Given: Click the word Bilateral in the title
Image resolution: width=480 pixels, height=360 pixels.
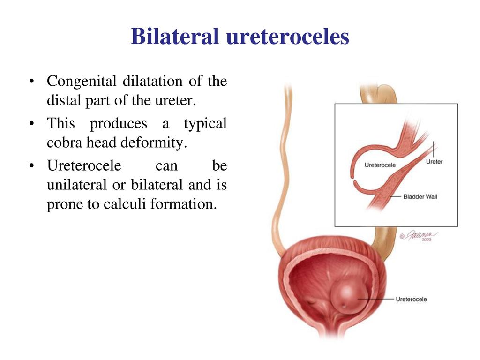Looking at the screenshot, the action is click(175, 36).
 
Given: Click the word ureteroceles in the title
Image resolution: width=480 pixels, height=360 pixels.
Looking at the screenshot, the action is click(288, 37).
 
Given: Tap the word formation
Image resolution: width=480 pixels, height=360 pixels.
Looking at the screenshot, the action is click(184, 203).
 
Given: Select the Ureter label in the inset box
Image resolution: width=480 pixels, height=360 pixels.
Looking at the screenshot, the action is click(434, 161).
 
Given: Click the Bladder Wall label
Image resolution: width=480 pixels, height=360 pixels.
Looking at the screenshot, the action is click(420, 196).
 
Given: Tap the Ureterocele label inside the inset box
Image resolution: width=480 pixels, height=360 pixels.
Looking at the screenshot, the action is click(380, 165).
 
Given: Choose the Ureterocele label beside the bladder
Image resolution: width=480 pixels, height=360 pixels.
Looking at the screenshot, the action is click(411, 299).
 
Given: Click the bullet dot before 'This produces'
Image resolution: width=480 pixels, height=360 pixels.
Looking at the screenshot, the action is click(31, 124).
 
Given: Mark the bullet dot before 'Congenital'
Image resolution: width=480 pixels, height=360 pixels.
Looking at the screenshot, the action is click(31, 82).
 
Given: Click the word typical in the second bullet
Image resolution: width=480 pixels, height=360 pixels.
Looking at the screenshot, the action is click(205, 124).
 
